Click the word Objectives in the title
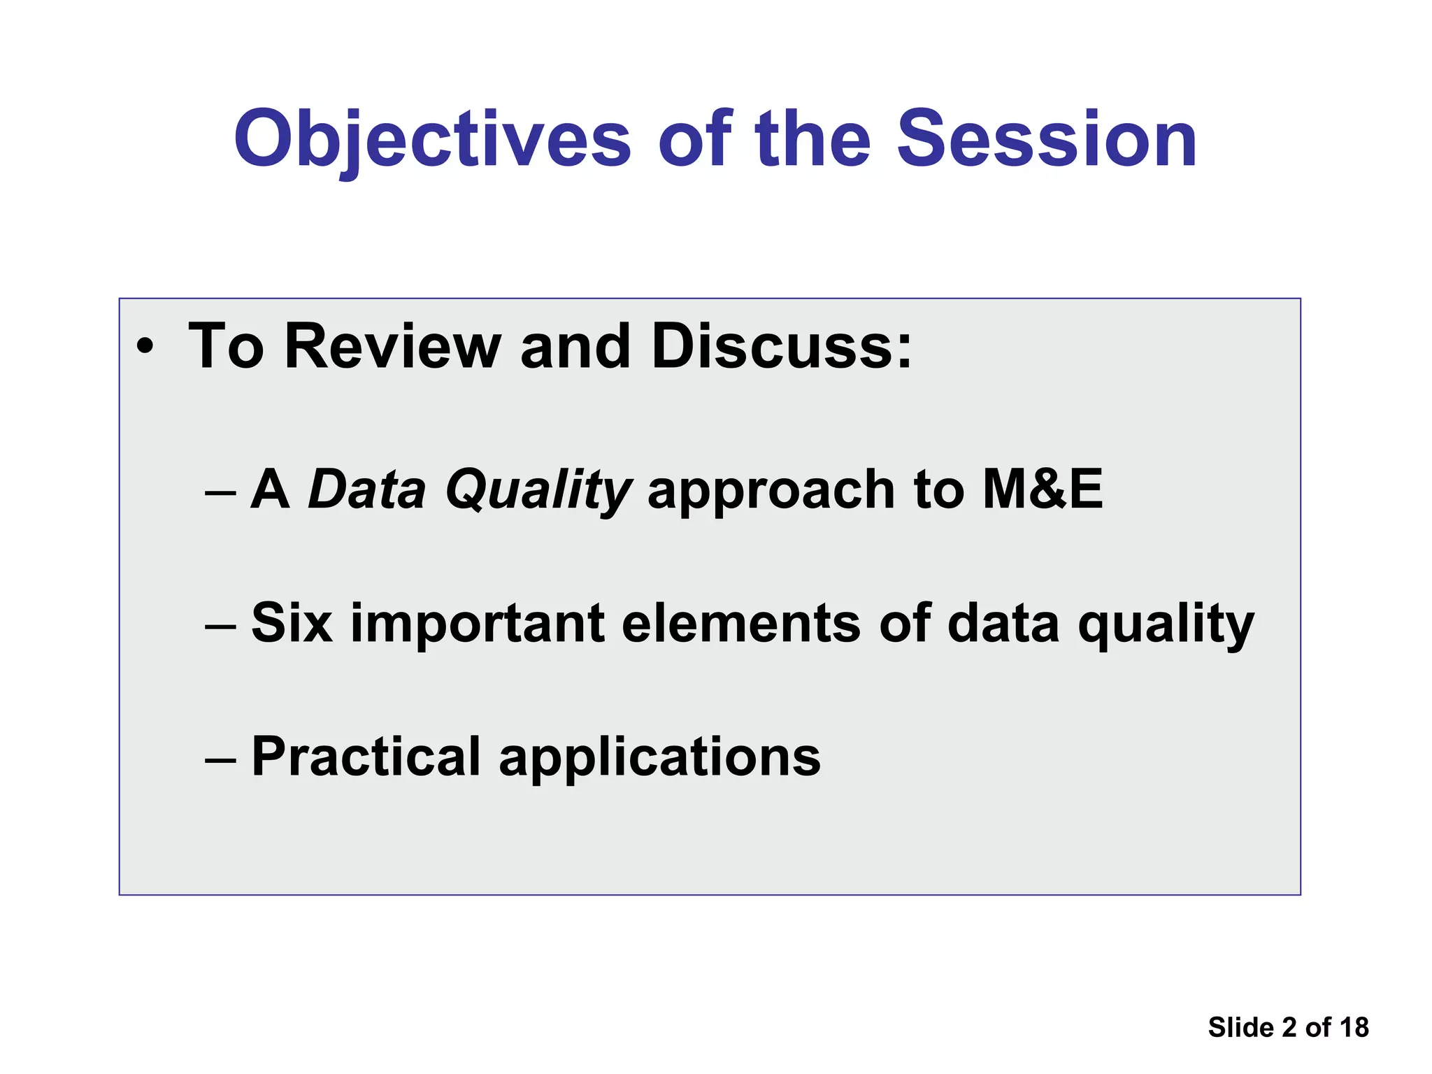click(x=432, y=140)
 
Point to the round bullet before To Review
click(x=145, y=348)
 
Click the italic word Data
click(x=366, y=489)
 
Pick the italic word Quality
click(x=538, y=489)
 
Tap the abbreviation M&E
click(x=1042, y=489)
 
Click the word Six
click(x=292, y=623)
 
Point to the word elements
click(x=740, y=623)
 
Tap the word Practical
click(x=366, y=757)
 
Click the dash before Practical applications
click(x=220, y=759)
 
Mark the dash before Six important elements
click(x=220, y=626)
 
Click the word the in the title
click(x=812, y=140)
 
